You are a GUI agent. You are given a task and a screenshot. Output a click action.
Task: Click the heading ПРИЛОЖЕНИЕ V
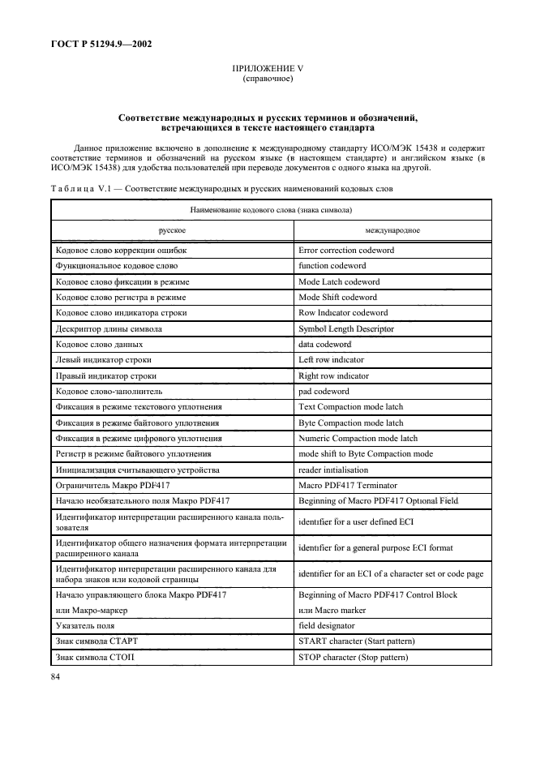268,71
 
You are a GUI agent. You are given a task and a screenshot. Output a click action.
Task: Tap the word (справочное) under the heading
268,79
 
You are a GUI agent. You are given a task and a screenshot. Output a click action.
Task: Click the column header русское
172,229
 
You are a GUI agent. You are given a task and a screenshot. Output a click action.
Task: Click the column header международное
392,229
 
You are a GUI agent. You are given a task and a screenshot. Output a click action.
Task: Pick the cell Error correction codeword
346,251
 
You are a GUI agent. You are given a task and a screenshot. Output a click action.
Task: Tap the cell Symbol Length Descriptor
346,329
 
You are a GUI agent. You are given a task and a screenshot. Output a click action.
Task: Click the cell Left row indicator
332,360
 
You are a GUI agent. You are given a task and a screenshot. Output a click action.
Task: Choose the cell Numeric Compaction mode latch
358,439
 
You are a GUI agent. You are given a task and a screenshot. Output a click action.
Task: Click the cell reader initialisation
333,470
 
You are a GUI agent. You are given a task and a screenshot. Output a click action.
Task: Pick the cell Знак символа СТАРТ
99,642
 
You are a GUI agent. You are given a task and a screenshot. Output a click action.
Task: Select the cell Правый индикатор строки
105,376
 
